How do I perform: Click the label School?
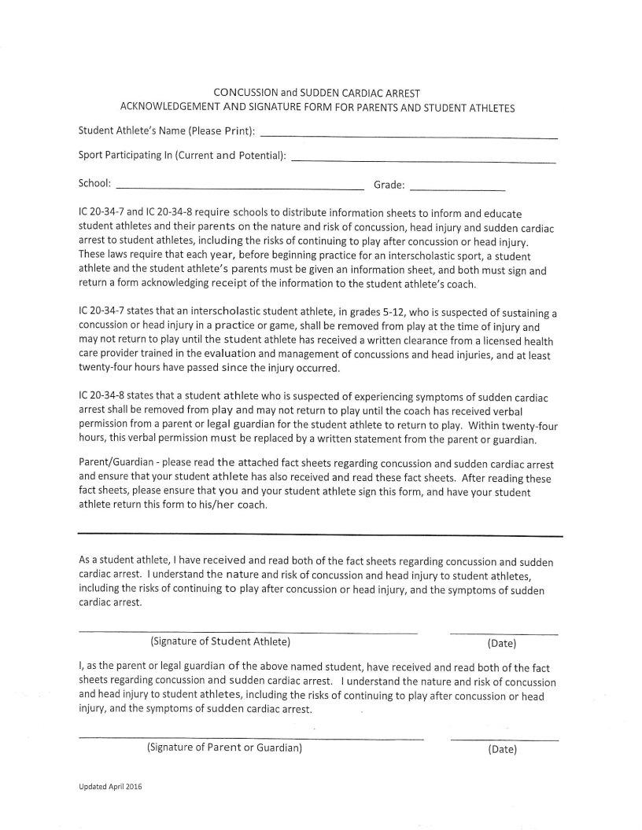point(94,184)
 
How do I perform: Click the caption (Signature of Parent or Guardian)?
point(225,747)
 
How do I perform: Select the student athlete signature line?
point(248,632)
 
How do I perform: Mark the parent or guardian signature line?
point(251,739)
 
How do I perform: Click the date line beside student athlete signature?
point(504,634)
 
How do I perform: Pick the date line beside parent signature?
point(504,740)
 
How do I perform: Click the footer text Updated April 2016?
point(109,787)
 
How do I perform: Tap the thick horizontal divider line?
point(320,535)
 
